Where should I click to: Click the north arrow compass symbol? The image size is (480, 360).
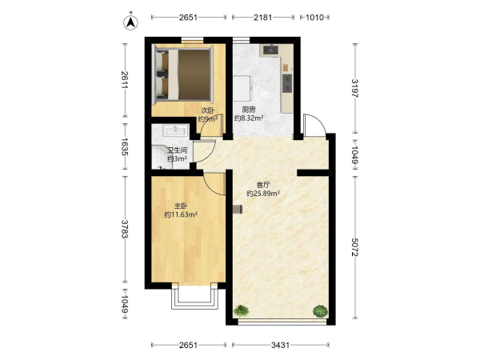click(130, 22)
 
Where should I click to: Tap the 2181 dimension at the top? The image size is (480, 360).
click(263, 17)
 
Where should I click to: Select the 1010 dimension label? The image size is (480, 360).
click(314, 17)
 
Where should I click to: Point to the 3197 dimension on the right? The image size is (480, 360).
click(355, 88)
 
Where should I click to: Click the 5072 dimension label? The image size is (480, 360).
click(355, 247)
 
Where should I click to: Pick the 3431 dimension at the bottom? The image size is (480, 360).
click(281, 346)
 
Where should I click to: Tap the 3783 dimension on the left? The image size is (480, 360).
click(125, 229)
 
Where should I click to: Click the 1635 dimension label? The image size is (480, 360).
click(125, 146)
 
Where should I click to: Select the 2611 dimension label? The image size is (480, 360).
click(125, 80)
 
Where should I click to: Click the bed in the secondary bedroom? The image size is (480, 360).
click(182, 74)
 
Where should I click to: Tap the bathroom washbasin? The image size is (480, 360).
click(175, 130)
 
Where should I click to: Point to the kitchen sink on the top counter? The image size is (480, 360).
click(270, 50)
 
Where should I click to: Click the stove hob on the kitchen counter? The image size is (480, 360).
click(287, 83)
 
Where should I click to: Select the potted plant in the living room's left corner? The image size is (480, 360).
click(241, 311)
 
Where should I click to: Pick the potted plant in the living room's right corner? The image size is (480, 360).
click(320, 311)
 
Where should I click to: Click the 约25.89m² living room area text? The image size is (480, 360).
click(263, 194)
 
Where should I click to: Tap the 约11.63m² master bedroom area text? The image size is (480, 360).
click(181, 214)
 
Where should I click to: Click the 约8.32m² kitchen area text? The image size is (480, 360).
click(249, 118)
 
